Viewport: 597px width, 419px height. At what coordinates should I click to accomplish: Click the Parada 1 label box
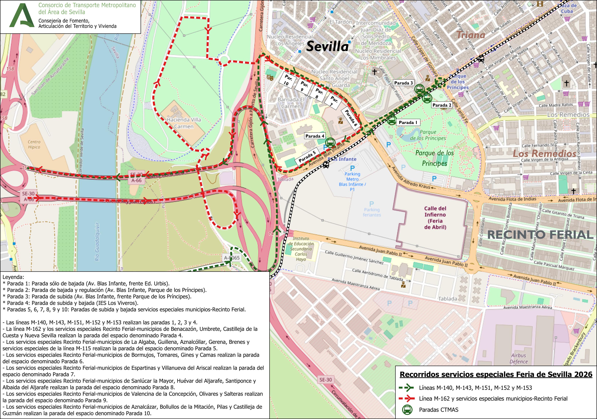click(x=408, y=122)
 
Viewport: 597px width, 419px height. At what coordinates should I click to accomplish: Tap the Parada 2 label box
click(x=442, y=105)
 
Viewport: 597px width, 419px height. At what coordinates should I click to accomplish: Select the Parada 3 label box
click(x=403, y=83)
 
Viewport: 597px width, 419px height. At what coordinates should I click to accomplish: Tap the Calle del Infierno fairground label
click(x=435, y=218)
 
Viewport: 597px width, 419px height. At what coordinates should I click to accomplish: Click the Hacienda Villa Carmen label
click(x=184, y=123)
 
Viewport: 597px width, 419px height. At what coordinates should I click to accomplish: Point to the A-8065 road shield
click(x=232, y=258)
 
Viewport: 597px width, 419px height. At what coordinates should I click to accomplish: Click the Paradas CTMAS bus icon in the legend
click(x=407, y=410)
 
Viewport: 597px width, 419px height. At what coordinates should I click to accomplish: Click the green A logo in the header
click(x=22, y=16)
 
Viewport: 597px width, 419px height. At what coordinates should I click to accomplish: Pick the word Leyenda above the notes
click(x=13, y=277)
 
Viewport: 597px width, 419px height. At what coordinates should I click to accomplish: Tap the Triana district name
click(x=471, y=35)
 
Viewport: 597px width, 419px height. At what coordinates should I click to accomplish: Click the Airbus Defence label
click(x=518, y=358)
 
